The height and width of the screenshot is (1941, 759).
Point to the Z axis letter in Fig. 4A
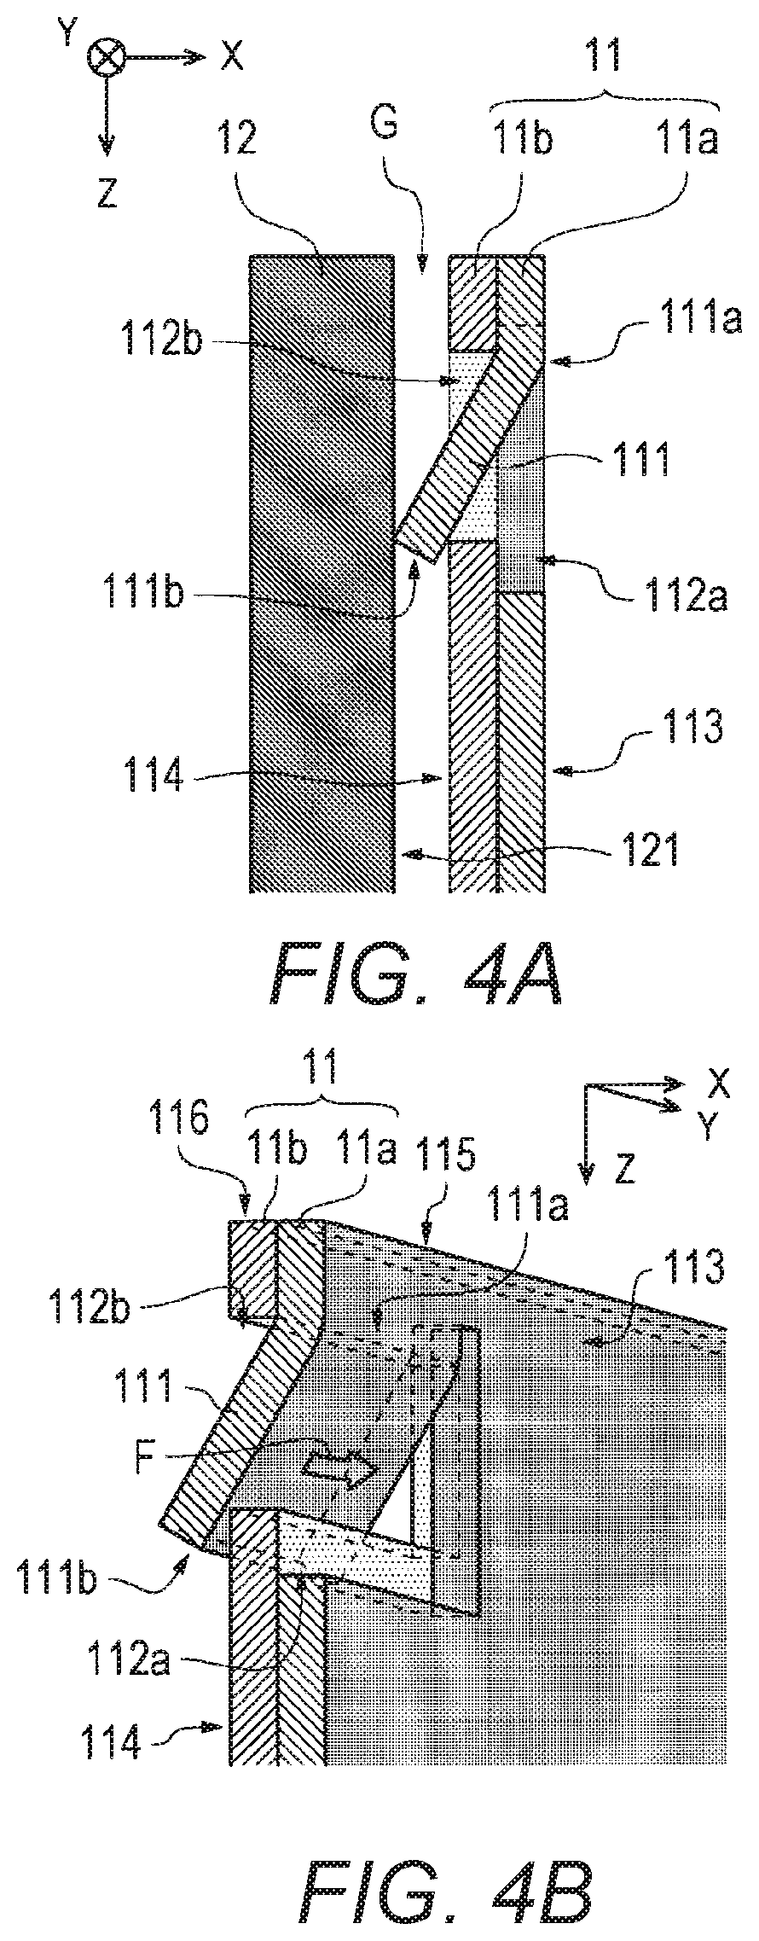(x=106, y=195)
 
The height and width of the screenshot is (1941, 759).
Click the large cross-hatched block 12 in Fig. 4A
(x=322, y=573)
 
